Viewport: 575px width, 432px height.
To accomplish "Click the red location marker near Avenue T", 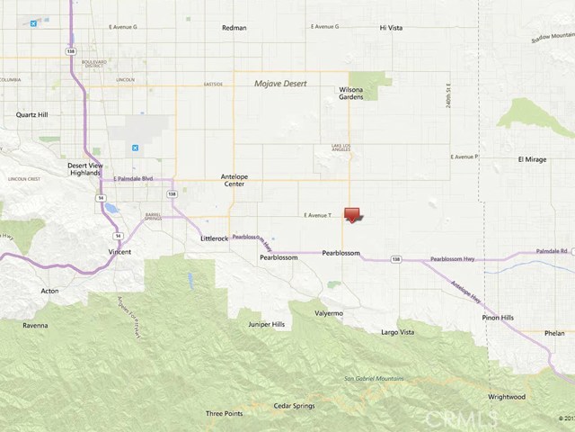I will pyautogui.click(x=353, y=215).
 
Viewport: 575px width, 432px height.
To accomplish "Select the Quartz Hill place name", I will pyautogui.click(x=37, y=115).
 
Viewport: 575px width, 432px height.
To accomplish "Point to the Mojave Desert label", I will pyautogui.click(x=279, y=83).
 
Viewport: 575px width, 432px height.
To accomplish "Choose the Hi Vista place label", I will pyautogui.click(x=392, y=28).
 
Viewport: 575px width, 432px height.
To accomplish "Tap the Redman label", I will pyautogui.click(x=234, y=28).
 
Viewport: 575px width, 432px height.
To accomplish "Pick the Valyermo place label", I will pyautogui.click(x=329, y=313).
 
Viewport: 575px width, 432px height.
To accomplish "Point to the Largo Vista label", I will pyautogui.click(x=398, y=332).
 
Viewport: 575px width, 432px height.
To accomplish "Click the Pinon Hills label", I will pyautogui.click(x=497, y=318).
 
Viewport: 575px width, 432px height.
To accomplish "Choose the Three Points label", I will pyautogui.click(x=224, y=413).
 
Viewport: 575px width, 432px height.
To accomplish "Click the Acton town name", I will pyautogui.click(x=50, y=291).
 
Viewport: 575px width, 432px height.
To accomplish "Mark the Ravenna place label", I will pyautogui.click(x=36, y=324).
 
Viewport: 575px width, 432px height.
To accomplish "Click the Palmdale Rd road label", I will pyautogui.click(x=553, y=251).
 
